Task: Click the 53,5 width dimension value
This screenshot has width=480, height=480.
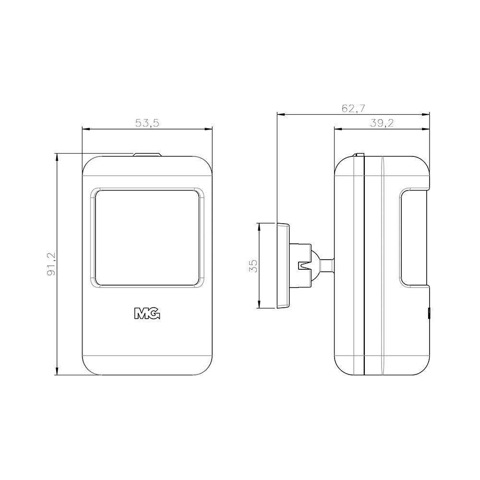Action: [147, 123]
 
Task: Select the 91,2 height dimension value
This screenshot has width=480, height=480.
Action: [51, 264]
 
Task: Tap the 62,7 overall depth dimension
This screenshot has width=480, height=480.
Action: [353, 108]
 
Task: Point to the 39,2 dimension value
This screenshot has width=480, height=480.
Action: [382, 123]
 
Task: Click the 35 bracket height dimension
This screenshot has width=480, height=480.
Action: [253, 266]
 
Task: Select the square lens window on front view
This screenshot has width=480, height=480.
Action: [147, 238]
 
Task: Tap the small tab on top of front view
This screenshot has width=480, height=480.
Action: [147, 155]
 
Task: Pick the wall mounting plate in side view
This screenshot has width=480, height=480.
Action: [283, 265]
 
